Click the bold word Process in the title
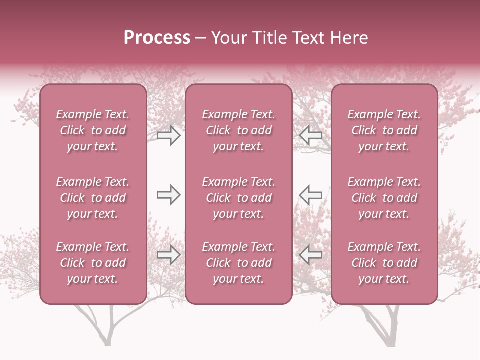click(x=157, y=38)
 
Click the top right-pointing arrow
click(x=169, y=135)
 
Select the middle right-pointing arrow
click(x=169, y=195)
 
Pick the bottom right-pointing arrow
click(x=169, y=255)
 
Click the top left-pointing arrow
click(x=310, y=135)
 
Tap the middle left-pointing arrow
click(x=310, y=195)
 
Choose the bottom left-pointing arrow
click(x=310, y=255)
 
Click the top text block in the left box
click(x=93, y=130)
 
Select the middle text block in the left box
click(x=93, y=198)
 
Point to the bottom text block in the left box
click(x=93, y=263)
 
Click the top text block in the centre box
click(x=238, y=130)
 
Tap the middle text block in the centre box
click(x=238, y=198)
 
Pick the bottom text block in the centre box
click(x=238, y=263)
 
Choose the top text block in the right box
click(x=384, y=130)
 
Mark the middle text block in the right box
click(x=384, y=198)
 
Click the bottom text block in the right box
click(x=384, y=263)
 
